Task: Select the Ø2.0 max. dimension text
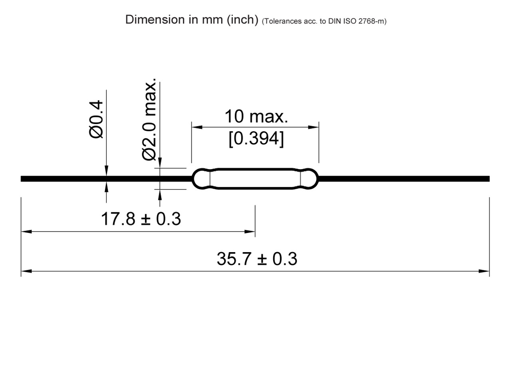(x=150, y=120)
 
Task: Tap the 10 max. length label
(x=256, y=116)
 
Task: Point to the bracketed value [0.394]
(x=256, y=139)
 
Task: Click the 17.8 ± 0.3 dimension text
(x=141, y=219)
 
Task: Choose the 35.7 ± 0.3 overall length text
(x=257, y=259)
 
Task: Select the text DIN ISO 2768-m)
(x=358, y=21)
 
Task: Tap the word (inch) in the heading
(x=242, y=20)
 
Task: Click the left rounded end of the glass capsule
(x=201, y=178)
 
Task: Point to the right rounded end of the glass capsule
(x=310, y=178)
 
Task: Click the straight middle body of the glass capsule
(x=255, y=178)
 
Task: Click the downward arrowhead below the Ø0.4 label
(x=106, y=171)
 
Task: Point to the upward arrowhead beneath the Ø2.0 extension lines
(x=160, y=194)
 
